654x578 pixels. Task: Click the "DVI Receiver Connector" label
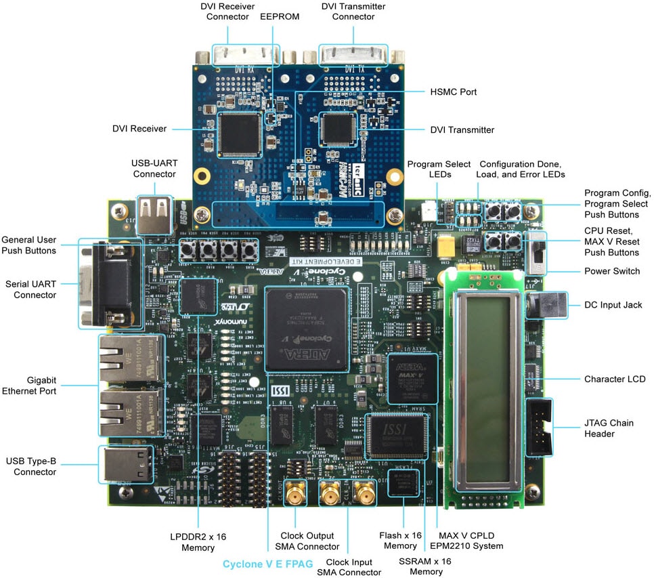coord(228,12)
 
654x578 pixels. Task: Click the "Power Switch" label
coord(612,272)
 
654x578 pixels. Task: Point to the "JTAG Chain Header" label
coord(609,428)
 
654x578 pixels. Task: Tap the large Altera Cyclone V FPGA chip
coord(307,329)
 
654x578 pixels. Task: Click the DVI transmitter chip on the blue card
coord(339,128)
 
